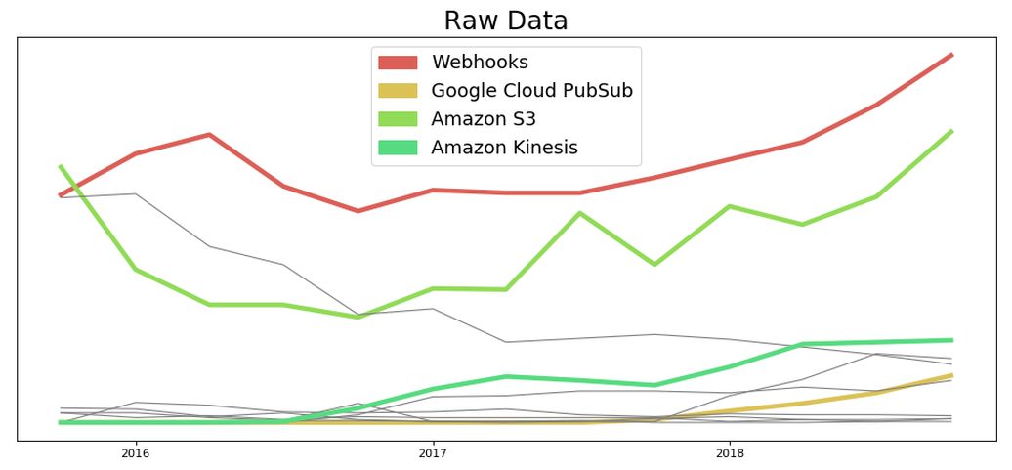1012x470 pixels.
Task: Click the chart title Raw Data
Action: [x=505, y=21]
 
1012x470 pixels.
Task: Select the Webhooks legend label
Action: [x=479, y=63]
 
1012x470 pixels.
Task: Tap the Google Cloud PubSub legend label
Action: [x=531, y=91]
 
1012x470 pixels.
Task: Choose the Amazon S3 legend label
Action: [x=483, y=119]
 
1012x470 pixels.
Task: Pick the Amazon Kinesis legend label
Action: [x=504, y=148]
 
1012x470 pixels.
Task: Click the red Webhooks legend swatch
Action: [x=398, y=63]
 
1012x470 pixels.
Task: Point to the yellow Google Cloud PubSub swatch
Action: [x=398, y=91]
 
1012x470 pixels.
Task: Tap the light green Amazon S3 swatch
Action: [x=398, y=119]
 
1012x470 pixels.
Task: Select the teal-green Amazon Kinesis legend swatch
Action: [x=398, y=148]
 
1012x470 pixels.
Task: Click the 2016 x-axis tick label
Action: [x=135, y=453]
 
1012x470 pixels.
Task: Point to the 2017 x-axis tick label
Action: [x=432, y=453]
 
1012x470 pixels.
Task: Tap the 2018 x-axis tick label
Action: [x=729, y=453]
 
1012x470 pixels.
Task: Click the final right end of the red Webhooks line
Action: [x=951, y=55]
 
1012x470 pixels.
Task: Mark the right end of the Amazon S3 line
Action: [x=951, y=131]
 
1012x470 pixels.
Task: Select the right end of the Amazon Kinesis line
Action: [x=951, y=340]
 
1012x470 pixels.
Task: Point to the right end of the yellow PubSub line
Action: [x=951, y=375]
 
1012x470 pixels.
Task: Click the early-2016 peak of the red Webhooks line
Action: [x=209, y=134]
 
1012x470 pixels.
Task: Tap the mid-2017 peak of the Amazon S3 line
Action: [x=580, y=213]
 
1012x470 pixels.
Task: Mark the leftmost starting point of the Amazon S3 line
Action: [x=61, y=166]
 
